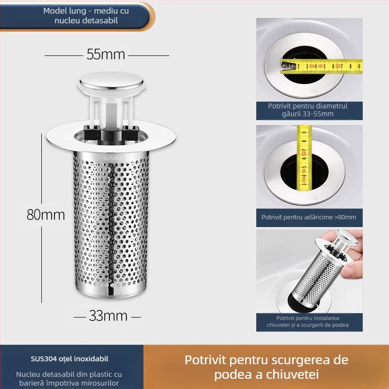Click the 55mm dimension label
click(x=106, y=54)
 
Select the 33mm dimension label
click(x=108, y=316)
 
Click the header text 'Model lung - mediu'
click(x=81, y=11)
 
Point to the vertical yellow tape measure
click(x=305, y=156)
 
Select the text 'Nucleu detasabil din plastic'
click(x=69, y=374)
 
